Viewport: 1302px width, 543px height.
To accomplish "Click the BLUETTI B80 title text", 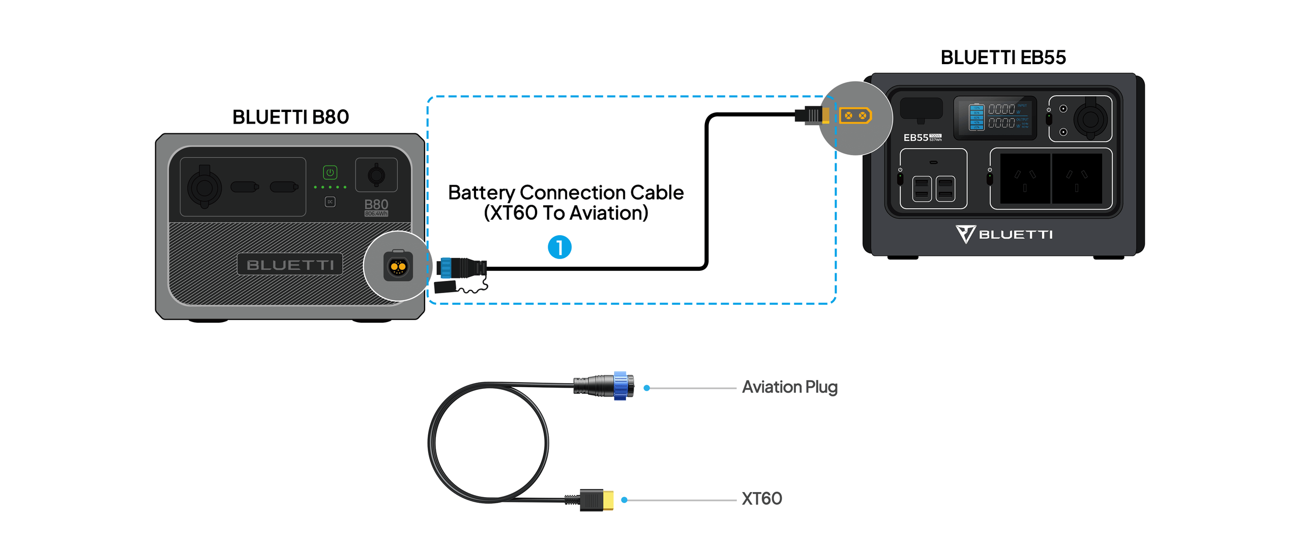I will pyautogui.click(x=290, y=117).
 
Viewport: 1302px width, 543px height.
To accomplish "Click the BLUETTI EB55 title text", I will pyautogui.click(x=1002, y=58).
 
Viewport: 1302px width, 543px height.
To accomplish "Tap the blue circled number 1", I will pyautogui.click(x=559, y=247).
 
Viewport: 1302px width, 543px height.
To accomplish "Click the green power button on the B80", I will pyautogui.click(x=330, y=173).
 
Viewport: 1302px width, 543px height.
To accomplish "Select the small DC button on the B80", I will pyautogui.click(x=330, y=202).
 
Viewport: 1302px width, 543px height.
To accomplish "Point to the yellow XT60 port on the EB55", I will pyautogui.click(x=855, y=116).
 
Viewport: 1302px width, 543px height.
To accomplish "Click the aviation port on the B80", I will pyautogui.click(x=398, y=266).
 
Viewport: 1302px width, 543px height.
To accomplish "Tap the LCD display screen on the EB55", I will pyautogui.click(x=994, y=118).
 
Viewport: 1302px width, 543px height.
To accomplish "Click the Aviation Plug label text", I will pyautogui.click(x=789, y=387).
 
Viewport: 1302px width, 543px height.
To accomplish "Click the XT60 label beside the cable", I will pyautogui.click(x=761, y=499).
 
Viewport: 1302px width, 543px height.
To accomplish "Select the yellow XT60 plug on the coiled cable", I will pyautogui.click(x=607, y=500).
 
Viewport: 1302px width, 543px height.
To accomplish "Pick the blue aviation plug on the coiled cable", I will pyautogui.click(x=620, y=386).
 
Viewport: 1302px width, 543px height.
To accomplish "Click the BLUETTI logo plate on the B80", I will pyautogui.click(x=290, y=265).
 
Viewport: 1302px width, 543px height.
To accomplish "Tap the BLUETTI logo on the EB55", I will pyautogui.click(x=1004, y=235).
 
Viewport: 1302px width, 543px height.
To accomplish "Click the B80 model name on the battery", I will pyautogui.click(x=376, y=205).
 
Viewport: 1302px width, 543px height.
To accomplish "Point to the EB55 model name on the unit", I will pyautogui.click(x=915, y=137).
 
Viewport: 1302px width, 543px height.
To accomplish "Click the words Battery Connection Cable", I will pyautogui.click(x=566, y=193).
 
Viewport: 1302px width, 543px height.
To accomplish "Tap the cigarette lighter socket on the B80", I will pyautogui.click(x=204, y=188).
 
